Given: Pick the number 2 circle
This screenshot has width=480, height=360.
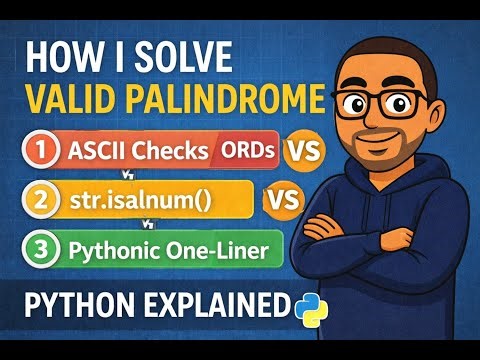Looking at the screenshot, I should point(41,200).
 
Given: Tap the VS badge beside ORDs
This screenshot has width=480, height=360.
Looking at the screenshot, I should point(305,151).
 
